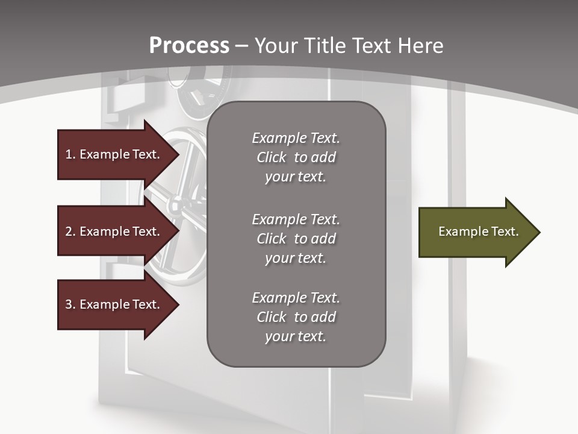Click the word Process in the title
click(x=189, y=46)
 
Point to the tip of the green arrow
click(x=539, y=232)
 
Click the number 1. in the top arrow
click(x=70, y=154)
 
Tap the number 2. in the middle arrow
click(x=70, y=231)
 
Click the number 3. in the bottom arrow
click(x=70, y=304)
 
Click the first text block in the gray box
click(x=296, y=157)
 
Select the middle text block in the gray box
click(x=296, y=239)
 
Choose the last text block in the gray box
click(x=296, y=317)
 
